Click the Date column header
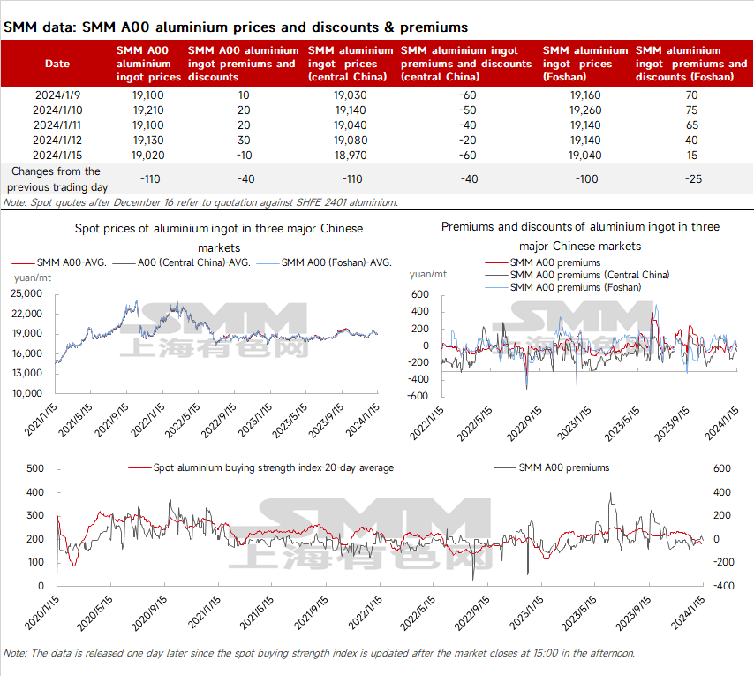tap(57, 64)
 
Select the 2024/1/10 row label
tap(57, 110)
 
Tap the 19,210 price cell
tap(149, 110)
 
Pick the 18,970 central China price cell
tap(351, 155)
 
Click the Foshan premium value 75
tap(691, 110)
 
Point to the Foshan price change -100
tap(585, 178)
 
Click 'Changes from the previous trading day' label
tap(55, 178)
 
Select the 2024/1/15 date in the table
tap(57, 155)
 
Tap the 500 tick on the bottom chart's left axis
tap(36, 467)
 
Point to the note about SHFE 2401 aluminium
tap(200, 202)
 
